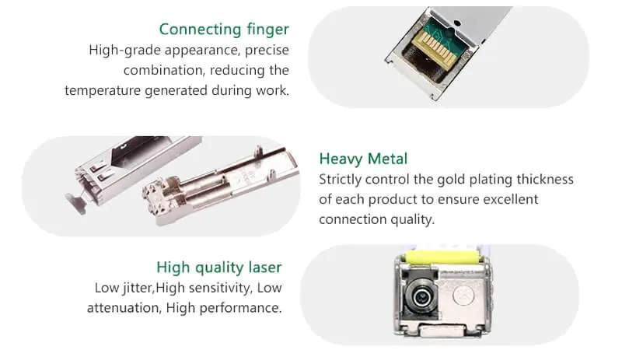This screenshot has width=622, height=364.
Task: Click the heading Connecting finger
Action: (x=224, y=30)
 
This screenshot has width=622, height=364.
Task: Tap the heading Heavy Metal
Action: (x=363, y=159)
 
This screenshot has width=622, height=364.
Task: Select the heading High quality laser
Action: (x=219, y=268)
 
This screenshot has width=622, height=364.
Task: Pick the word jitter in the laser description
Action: (x=138, y=288)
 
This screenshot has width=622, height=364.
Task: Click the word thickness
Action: (x=543, y=180)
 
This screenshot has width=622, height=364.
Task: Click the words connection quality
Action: (x=377, y=220)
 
